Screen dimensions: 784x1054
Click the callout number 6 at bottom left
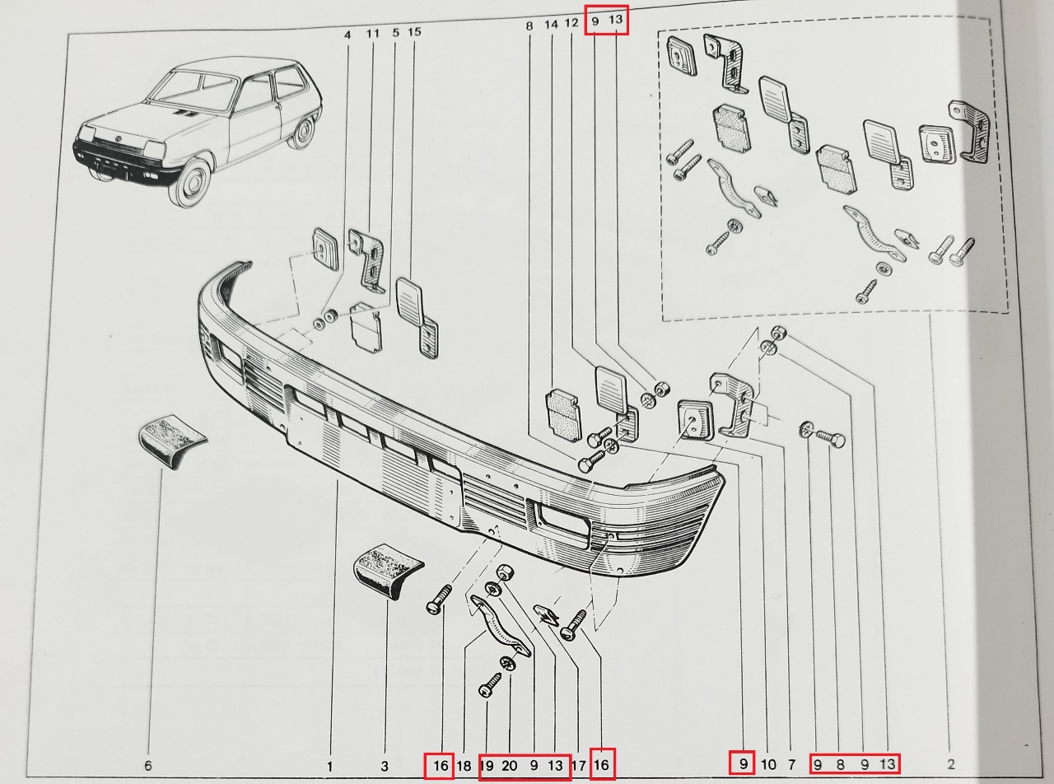pyautogui.click(x=148, y=766)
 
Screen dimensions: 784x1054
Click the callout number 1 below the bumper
pyautogui.click(x=329, y=766)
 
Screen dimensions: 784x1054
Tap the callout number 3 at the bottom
pyautogui.click(x=384, y=766)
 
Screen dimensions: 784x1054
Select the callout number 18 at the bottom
pyautogui.click(x=464, y=766)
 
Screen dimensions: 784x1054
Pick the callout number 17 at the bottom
pyautogui.click(x=578, y=766)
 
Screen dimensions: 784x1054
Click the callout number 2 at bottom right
pyautogui.click(x=951, y=764)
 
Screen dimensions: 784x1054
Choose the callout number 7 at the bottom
pyautogui.click(x=791, y=764)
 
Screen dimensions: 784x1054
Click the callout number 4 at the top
pyautogui.click(x=347, y=34)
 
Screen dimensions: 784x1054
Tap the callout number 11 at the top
pyautogui.click(x=373, y=34)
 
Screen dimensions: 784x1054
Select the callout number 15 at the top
pyautogui.click(x=414, y=33)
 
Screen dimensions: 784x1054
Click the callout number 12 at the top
pyautogui.click(x=572, y=24)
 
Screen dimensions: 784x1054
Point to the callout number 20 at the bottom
pyautogui.click(x=510, y=766)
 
